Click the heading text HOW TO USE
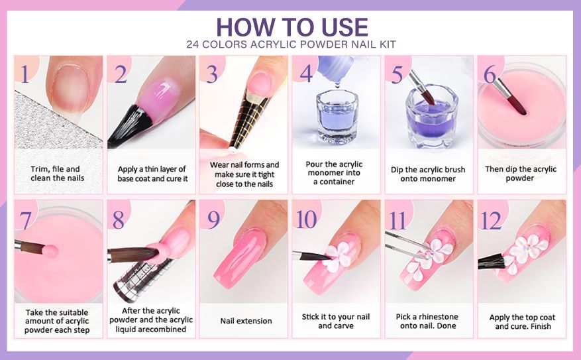click(x=292, y=27)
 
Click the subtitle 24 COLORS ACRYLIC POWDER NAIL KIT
click(x=291, y=44)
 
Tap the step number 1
click(x=25, y=74)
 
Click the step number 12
click(x=491, y=220)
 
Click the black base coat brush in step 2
click(x=130, y=125)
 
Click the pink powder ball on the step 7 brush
click(x=50, y=251)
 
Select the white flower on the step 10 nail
click(x=337, y=256)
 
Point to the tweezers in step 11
click(x=407, y=245)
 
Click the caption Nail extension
click(x=246, y=321)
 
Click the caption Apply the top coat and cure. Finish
click(x=523, y=322)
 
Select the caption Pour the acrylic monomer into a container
click(x=334, y=173)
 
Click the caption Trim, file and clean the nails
click(x=58, y=173)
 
